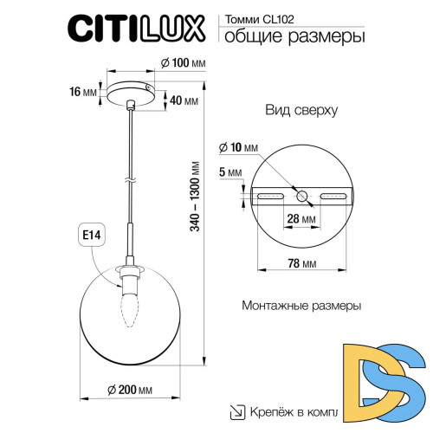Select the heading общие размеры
tap(294, 36)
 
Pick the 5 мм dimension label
tap(230, 173)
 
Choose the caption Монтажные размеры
tap(299, 307)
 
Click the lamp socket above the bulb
tap(131, 278)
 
